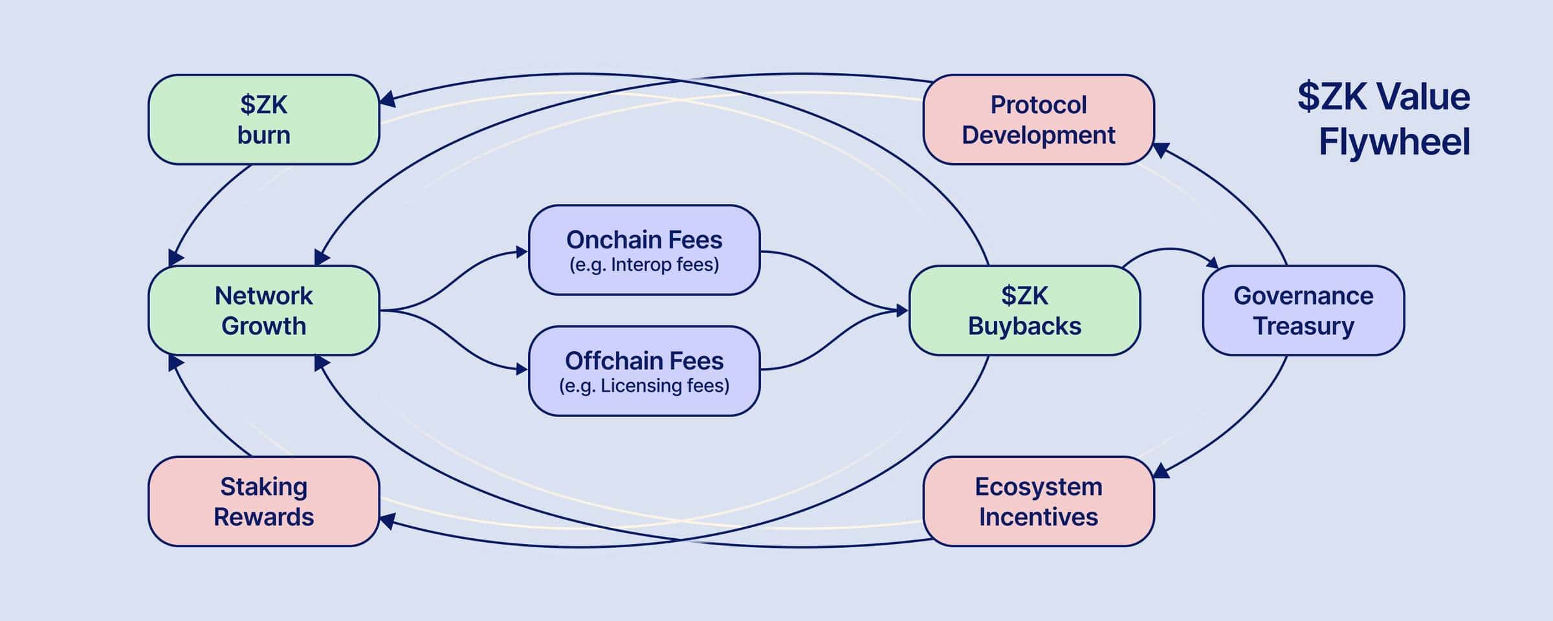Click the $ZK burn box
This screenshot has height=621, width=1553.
[263, 120]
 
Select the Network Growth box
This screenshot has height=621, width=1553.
[263, 310]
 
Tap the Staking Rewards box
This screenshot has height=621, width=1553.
[263, 501]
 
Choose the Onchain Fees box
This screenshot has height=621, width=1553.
[644, 250]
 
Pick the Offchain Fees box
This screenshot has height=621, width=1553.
[644, 371]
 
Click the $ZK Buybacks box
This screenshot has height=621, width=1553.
[1024, 310]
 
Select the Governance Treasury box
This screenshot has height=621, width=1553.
[1303, 310]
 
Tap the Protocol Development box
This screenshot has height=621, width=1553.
[1038, 120]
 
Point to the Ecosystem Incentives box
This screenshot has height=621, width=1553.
[1038, 501]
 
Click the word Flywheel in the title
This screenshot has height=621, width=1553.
[1394, 142]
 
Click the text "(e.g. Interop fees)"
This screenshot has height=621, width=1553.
[644, 265]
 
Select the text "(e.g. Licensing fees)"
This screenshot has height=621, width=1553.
[644, 386]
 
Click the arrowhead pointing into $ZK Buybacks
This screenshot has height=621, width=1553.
[903, 310]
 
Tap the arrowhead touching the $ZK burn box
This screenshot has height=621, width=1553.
[386, 100]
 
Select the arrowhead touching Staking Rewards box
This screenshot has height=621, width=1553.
[386, 521]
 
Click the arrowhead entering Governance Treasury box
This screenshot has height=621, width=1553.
[1213, 263]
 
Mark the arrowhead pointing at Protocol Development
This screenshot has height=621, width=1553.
[1161, 149]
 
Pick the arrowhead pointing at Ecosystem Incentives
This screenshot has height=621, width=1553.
[1161, 471]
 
